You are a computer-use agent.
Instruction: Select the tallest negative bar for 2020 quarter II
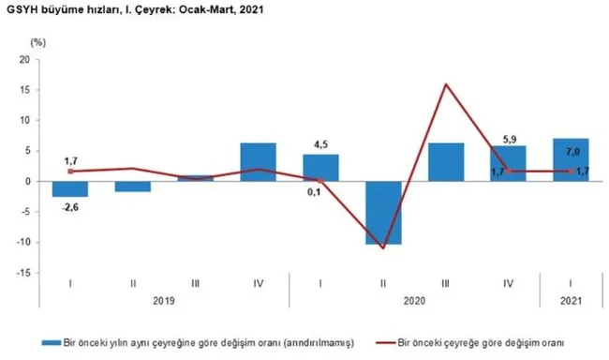tap(382, 213)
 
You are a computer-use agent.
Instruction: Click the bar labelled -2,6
tap(70, 188)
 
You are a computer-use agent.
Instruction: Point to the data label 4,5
tap(320, 144)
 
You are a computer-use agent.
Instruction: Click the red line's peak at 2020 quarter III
tap(445, 84)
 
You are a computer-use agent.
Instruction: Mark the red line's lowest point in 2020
tap(383, 248)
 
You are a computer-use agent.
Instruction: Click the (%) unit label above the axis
tap(37, 42)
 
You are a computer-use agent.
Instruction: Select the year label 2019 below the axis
tap(163, 302)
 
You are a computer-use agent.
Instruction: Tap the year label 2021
tap(571, 302)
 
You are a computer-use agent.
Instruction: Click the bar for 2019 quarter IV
tap(258, 162)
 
